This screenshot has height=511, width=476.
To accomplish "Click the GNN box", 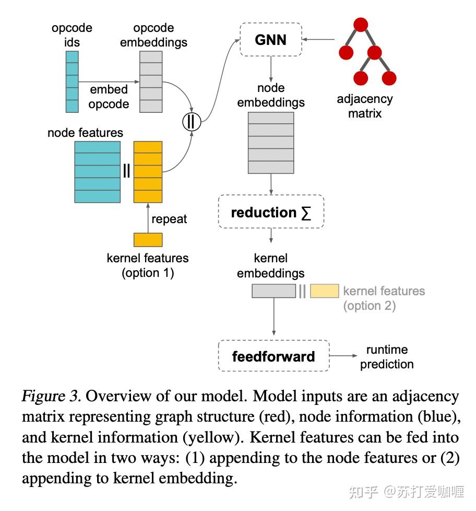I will pyautogui.click(x=270, y=40).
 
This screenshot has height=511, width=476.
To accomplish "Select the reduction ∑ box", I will pyautogui.click(x=270, y=213).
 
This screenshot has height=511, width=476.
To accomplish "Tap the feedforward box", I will pyautogui.click(x=273, y=356).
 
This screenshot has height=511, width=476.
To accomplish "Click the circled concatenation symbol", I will pyautogui.click(x=191, y=122).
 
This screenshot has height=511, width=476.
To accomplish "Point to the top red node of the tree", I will pyautogui.click(x=361, y=25).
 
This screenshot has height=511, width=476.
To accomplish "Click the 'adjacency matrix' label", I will pyautogui.click(x=365, y=106).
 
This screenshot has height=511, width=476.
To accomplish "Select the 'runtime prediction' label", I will pyautogui.click(x=387, y=357).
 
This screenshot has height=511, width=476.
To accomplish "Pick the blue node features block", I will pyautogui.click(x=97, y=171).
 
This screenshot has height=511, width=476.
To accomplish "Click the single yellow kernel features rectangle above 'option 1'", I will pyautogui.click(x=148, y=239).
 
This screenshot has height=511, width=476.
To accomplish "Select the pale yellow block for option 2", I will pyautogui.click(x=324, y=291).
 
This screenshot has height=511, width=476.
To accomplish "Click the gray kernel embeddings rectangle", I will pyautogui.click(x=273, y=291).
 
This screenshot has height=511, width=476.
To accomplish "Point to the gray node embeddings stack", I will pyautogui.click(x=270, y=142).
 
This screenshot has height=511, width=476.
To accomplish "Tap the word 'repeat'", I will pyautogui.click(x=169, y=219).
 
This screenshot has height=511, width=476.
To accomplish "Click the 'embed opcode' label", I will pyautogui.click(x=109, y=97).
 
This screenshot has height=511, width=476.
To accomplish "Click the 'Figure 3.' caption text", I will pyautogui.click(x=51, y=396).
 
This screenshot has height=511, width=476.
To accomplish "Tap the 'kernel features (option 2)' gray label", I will pyautogui.click(x=384, y=298).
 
